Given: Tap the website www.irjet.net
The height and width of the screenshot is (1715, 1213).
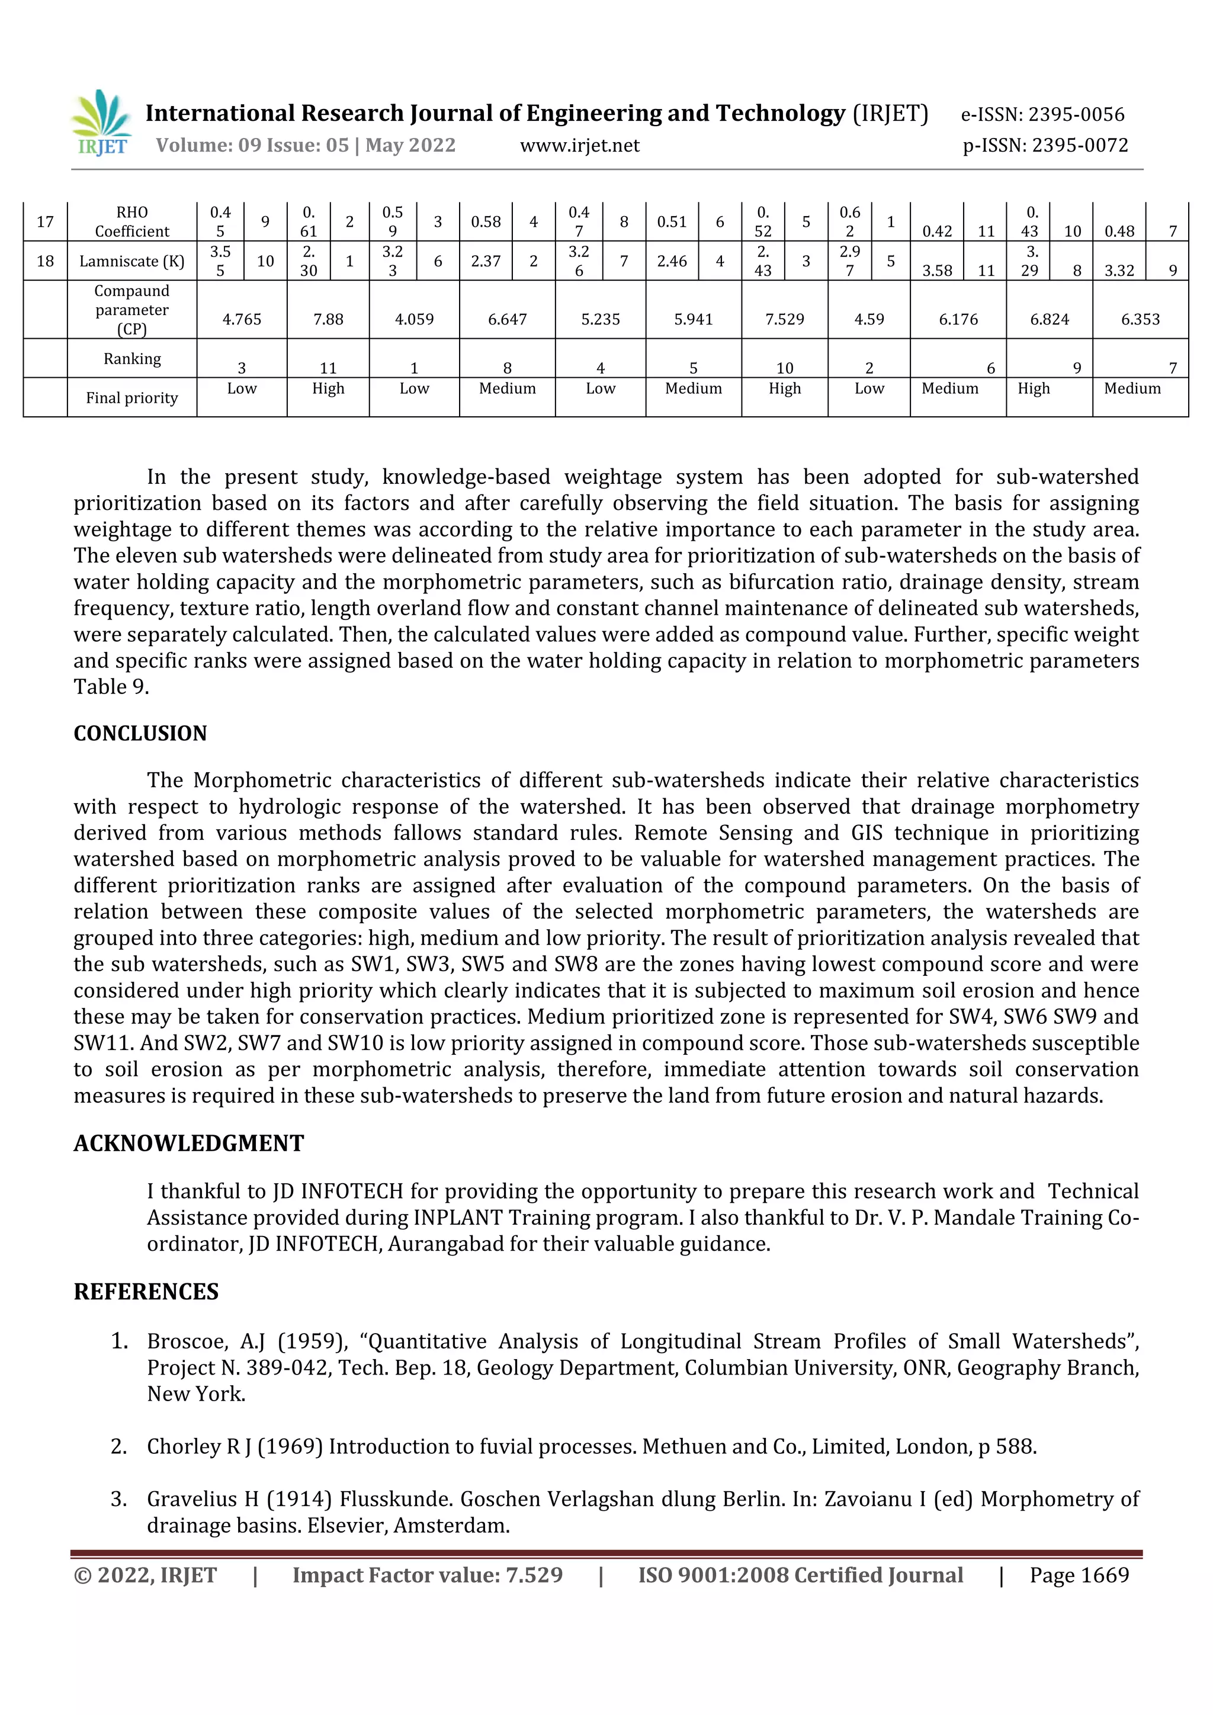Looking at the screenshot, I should click(580, 146).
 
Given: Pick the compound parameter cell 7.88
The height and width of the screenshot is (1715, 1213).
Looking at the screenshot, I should click(328, 320).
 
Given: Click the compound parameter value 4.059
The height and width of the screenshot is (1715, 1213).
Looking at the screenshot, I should click(414, 320).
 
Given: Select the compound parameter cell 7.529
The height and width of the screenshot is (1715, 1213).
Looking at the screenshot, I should click(784, 320).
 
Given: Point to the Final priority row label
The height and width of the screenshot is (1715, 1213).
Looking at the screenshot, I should click(132, 398).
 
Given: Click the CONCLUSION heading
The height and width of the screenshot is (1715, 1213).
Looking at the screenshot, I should click(140, 734).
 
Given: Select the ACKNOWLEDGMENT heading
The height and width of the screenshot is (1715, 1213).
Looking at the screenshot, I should click(189, 1144).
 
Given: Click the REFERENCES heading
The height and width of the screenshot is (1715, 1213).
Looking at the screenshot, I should click(146, 1292).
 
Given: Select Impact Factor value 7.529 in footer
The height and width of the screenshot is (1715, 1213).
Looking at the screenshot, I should click(427, 1575).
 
